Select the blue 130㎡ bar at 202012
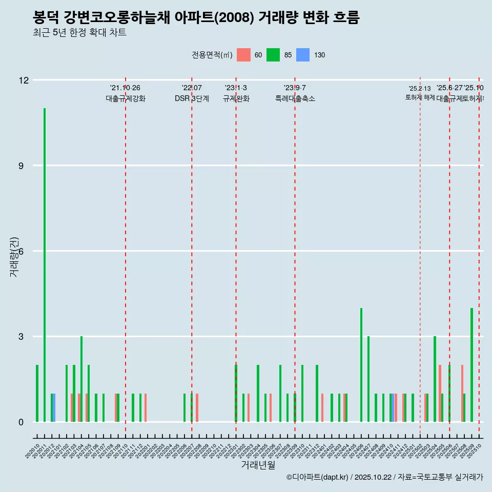pos(54,407)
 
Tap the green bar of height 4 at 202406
pos(361,365)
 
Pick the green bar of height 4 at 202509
pos(471,365)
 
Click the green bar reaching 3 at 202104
pos(81,379)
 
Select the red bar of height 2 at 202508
pos(462,394)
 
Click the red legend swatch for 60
pos(244,55)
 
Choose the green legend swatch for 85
pos(273,55)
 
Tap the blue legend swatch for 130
pos(303,55)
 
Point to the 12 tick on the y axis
pos(24,80)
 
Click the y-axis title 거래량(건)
pos(14,257)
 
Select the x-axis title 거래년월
pos(258,465)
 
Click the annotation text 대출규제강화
pos(126,98)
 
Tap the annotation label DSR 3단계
pos(192,98)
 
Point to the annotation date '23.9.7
pos(295,88)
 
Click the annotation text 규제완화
pos(236,98)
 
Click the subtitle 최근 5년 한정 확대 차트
pos(79,33)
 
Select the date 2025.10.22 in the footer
pos(373,477)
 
